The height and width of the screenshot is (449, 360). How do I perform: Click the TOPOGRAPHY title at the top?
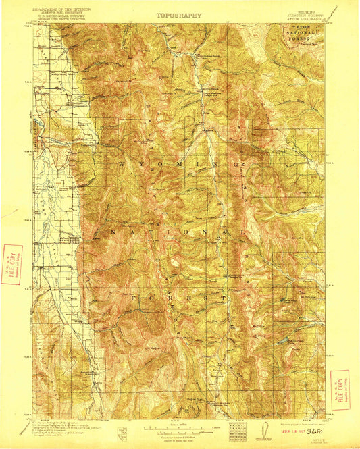tap(179, 14)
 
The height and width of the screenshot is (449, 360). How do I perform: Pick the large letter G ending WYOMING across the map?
tap(240, 164)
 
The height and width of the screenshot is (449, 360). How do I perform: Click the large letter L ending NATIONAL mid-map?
tap(241, 231)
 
